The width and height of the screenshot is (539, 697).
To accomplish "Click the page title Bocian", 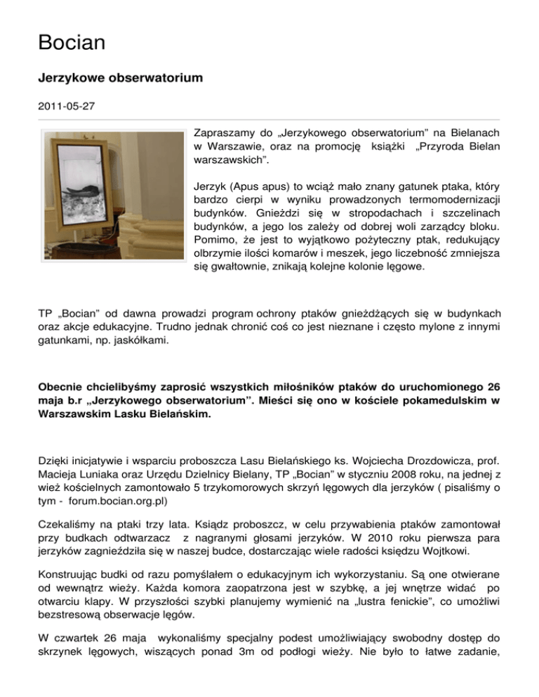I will click(x=72, y=43).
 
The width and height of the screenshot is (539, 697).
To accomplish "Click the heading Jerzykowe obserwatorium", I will click(x=120, y=79).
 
